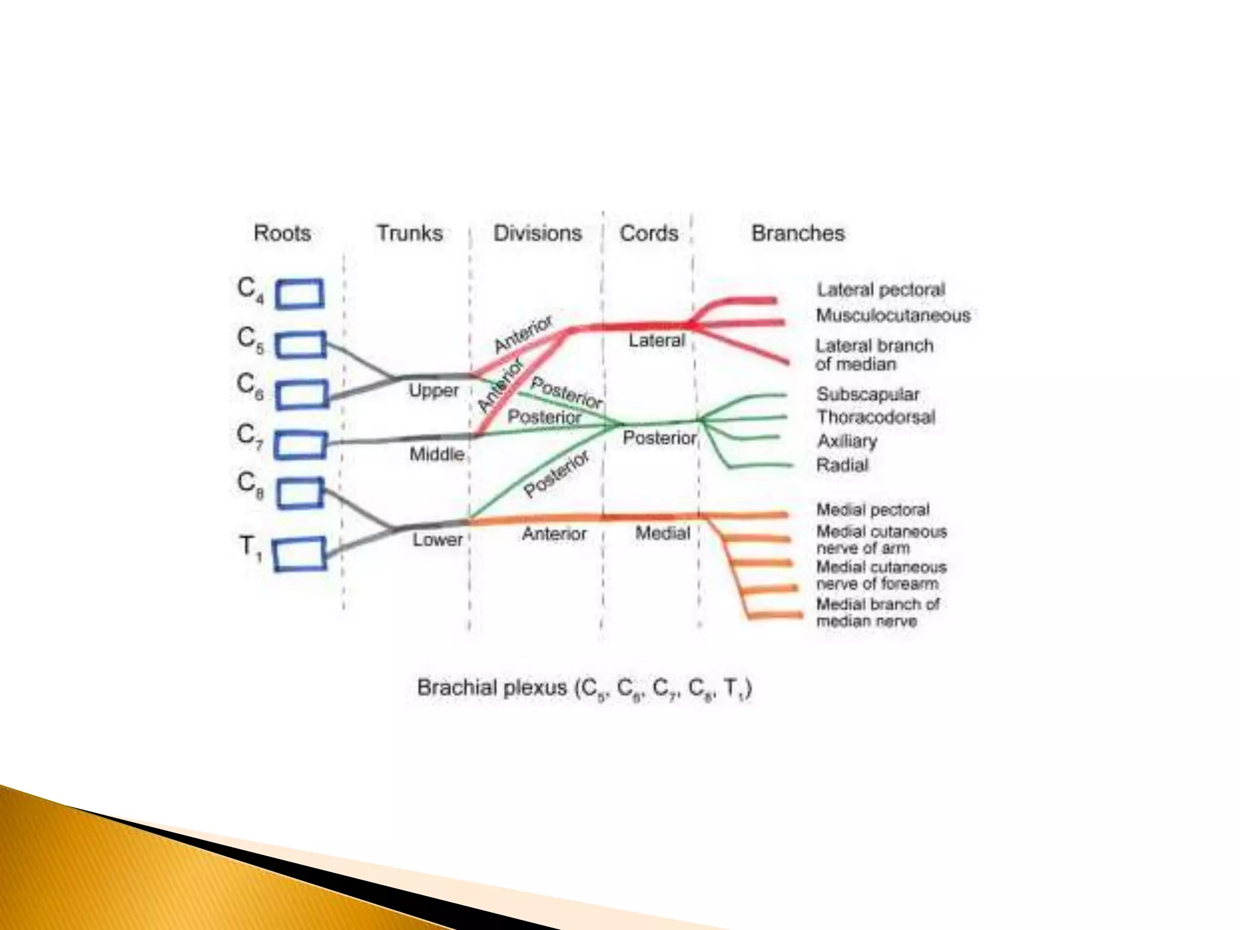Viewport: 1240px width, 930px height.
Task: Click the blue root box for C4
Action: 300,294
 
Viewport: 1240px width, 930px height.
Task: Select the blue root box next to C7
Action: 300,445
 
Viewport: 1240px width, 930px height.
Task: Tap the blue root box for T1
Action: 300,555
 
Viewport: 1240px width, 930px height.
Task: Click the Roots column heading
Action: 282,233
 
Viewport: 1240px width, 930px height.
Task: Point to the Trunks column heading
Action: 409,233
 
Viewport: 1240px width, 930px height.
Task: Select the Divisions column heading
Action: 537,233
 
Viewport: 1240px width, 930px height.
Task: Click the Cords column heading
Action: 648,233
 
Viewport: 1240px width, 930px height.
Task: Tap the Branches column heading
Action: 797,233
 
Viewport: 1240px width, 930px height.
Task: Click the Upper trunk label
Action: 434,391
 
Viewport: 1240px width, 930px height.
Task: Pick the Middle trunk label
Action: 437,454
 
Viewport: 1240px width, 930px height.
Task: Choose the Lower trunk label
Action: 437,539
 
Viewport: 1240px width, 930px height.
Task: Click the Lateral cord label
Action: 656,341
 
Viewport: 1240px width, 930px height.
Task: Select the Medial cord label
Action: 662,533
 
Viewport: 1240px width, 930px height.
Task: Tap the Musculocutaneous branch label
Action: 893,315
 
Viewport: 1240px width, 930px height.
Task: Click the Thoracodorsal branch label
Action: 876,417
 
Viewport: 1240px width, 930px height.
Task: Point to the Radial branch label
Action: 842,465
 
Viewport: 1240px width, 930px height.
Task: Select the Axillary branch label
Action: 847,441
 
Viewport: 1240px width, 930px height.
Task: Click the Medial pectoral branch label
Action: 872,510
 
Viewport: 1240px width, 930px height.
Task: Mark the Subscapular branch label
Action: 868,394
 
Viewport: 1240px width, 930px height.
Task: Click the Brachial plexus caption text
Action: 584,688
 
